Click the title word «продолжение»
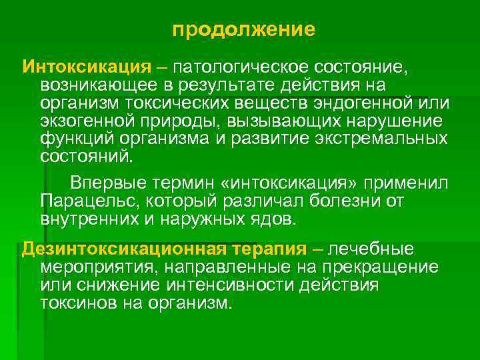243,30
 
